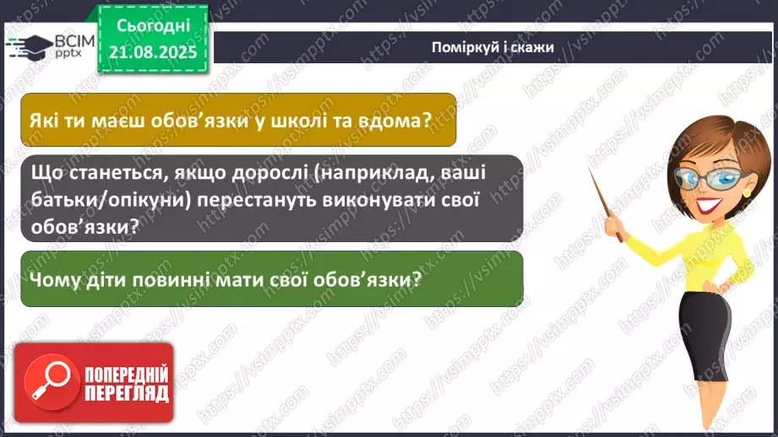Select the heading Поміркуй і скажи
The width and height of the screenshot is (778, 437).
[x=491, y=46]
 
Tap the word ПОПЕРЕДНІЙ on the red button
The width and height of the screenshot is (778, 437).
[x=126, y=374]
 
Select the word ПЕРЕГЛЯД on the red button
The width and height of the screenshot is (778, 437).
[x=126, y=394]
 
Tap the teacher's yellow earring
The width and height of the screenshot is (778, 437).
[x=746, y=192]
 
